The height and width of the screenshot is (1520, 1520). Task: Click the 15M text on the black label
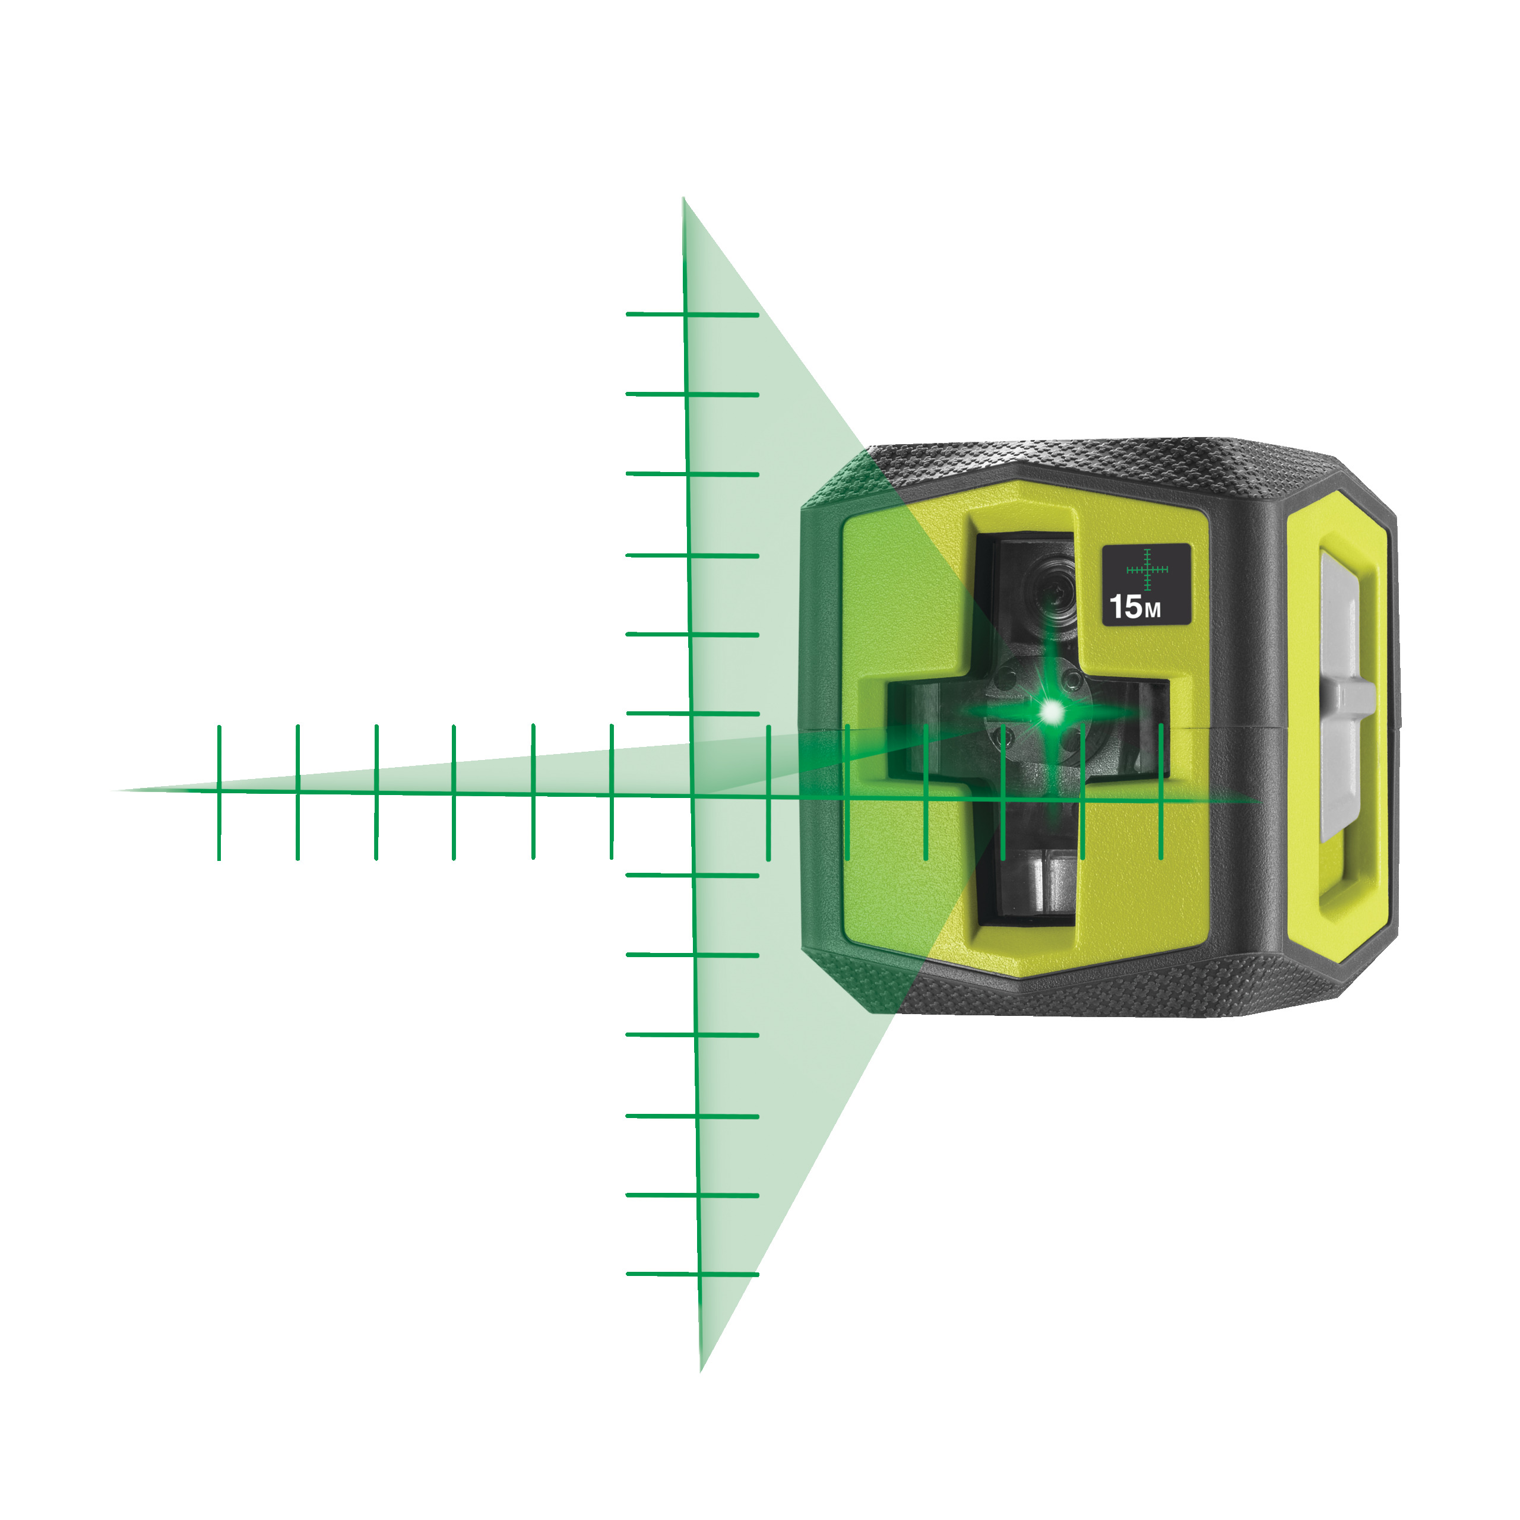pos(1135,607)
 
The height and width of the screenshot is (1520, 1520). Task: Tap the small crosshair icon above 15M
pos(1147,569)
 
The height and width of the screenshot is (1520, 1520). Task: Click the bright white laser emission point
pos(1051,712)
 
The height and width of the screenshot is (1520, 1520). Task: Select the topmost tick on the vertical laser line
pos(692,315)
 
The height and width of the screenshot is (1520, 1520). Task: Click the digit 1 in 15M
pos(1116,607)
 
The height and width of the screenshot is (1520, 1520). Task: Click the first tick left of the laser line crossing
pos(612,791)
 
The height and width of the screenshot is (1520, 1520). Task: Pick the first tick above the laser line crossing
pos(692,714)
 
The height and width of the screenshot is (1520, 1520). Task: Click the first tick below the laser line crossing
pos(692,875)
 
